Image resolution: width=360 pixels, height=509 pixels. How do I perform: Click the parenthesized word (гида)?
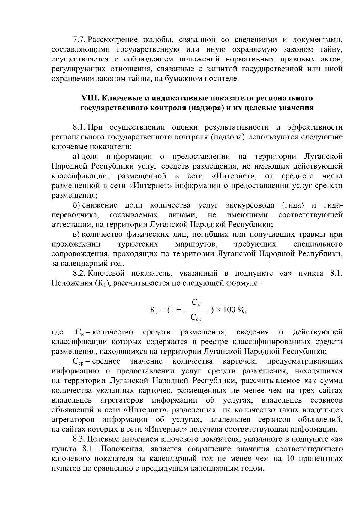point(293,205)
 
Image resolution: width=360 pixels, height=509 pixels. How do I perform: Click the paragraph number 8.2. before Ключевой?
point(80,273)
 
